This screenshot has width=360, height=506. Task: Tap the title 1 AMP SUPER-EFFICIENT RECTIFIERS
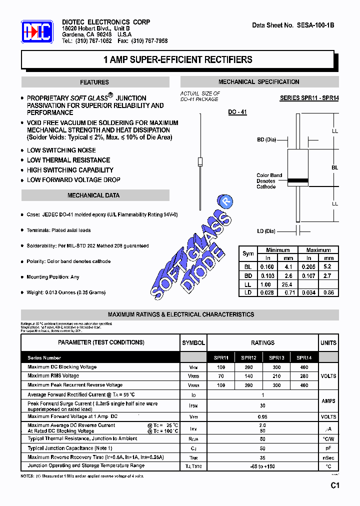177,59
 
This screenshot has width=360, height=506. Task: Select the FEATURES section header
94,82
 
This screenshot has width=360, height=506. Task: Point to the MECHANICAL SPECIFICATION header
259,82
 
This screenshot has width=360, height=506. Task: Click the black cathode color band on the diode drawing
298,181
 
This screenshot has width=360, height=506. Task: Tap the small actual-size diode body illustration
200,161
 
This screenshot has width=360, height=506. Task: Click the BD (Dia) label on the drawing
266,140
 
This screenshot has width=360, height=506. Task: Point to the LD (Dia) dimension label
266,231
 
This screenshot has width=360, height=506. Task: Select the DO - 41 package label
237,113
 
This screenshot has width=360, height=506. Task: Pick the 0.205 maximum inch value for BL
308,267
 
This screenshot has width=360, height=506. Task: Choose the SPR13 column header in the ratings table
276,358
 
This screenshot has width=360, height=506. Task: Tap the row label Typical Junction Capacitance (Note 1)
70,448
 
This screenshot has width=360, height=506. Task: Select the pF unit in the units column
328,448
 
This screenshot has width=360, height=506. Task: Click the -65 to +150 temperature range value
262,466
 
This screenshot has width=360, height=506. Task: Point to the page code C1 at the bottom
334,485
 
